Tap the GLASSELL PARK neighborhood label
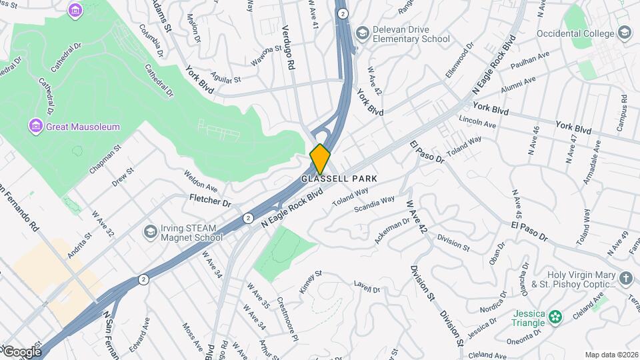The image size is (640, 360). tap(339, 179)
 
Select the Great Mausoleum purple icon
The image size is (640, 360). tap(36, 126)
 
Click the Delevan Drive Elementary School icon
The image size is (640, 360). tap(362, 33)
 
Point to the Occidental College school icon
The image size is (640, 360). tap(624, 32)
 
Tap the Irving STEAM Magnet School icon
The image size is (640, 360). tap(150, 232)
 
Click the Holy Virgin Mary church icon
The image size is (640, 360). tap(625, 278)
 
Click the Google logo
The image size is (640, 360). tap(21, 351)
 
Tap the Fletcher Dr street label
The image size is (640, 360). tap(210, 200)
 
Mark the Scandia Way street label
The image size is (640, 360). tap(374, 203)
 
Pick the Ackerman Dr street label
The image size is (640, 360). tap(387, 231)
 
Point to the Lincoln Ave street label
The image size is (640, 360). tap(477, 122)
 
